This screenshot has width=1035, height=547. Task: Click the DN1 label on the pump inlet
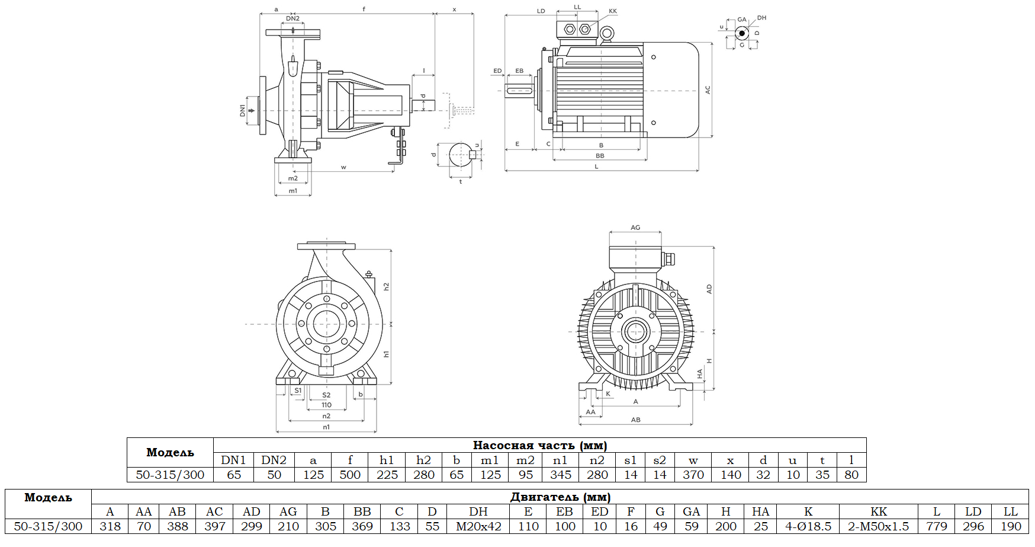click(x=242, y=110)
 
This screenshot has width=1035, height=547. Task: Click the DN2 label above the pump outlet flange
click(x=292, y=18)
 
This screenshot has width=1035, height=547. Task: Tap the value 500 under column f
click(x=350, y=475)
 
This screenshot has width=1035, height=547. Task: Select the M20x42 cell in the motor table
click(x=478, y=526)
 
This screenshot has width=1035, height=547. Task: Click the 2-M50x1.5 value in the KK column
click(x=878, y=526)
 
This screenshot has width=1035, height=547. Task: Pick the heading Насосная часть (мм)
click(x=539, y=445)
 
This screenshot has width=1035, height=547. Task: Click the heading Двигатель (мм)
click(x=560, y=497)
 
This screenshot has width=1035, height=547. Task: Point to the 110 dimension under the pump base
click(x=326, y=405)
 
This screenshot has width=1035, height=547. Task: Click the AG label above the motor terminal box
click(x=635, y=228)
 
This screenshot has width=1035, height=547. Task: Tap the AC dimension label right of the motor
click(x=708, y=90)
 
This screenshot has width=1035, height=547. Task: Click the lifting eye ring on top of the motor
click(x=606, y=34)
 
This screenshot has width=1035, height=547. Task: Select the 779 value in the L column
click(x=936, y=526)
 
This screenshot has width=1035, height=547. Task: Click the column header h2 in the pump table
click(x=423, y=460)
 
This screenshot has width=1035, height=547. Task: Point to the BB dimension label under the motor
click(x=600, y=156)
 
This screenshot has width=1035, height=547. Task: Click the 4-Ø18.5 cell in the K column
click(x=808, y=526)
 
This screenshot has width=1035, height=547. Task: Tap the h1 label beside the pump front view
click(x=386, y=354)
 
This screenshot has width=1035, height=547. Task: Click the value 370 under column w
click(x=693, y=475)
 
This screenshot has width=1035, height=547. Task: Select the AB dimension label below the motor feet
click(x=635, y=420)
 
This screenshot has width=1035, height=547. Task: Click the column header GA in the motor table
click(x=691, y=511)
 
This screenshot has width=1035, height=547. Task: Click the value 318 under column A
click(x=110, y=526)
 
